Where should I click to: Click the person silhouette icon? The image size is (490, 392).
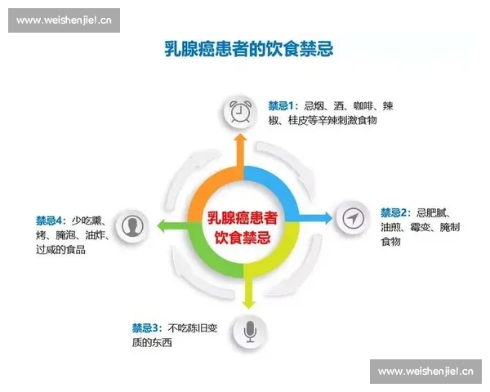pos(131,225)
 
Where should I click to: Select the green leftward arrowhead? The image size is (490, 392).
pos(162,225)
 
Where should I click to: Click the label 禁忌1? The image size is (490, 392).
pos(283,105)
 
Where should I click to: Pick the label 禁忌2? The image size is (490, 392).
pos(394,212)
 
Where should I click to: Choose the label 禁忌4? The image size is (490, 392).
pos(50,220)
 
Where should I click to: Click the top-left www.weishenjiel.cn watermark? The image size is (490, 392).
pos(65,19)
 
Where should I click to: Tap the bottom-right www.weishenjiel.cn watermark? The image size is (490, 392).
pos(426,372)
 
